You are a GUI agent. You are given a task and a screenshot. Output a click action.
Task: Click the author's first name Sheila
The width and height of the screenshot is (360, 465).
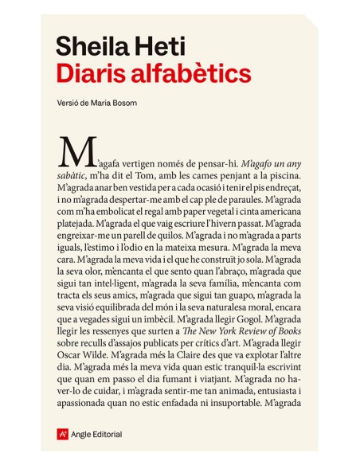(93, 47)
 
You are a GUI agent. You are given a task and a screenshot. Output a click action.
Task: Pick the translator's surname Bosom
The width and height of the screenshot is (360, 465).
(124, 104)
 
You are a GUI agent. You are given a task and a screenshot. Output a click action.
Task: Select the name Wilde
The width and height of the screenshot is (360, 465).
(105, 353)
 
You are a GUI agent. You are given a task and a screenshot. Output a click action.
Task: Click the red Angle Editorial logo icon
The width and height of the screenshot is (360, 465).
(62, 434)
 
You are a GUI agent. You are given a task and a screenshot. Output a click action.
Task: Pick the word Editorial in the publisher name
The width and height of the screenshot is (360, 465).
(108, 435)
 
